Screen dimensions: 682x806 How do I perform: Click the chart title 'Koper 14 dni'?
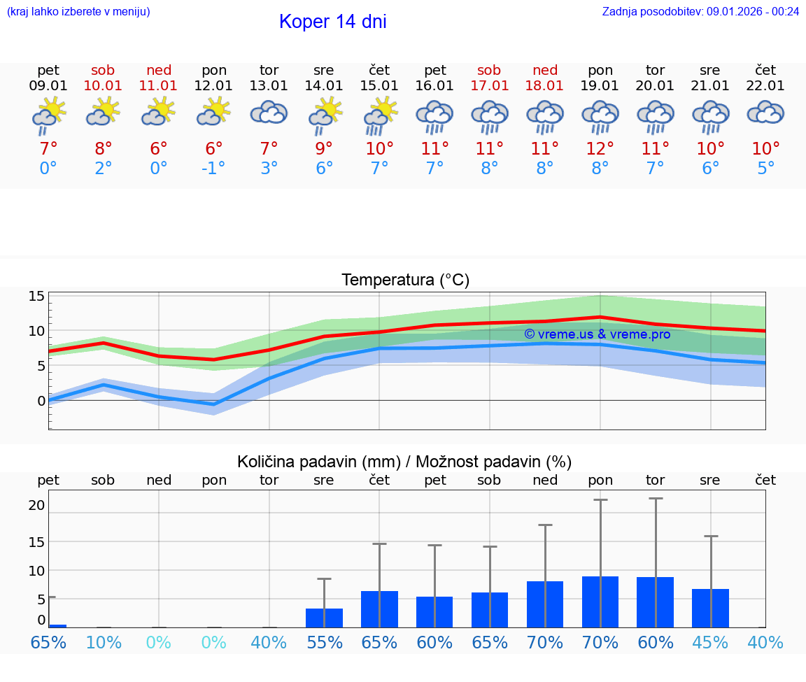click(x=332, y=22)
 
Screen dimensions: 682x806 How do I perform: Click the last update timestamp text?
click(x=700, y=11)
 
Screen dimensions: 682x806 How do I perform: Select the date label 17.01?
click(x=489, y=86)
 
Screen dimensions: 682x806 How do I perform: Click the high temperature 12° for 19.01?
click(x=600, y=149)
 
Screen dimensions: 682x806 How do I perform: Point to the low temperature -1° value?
click(x=214, y=169)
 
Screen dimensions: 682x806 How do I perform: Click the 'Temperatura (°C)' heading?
click(x=405, y=280)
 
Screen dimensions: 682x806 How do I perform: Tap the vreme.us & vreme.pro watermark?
click(x=597, y=334)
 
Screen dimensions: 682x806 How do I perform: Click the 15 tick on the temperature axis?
click(x=36, y=296)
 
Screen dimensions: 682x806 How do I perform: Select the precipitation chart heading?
click(x=404, y=462)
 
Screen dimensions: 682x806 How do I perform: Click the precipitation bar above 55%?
click(x=324, y=618)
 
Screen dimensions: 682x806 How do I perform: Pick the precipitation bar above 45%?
click(x=710, y=608)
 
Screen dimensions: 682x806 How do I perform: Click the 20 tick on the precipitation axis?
click(x=36, y=505)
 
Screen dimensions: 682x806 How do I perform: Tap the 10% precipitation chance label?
click(x=104, y=642)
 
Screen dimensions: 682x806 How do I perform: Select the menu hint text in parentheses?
click(x=78, y=11)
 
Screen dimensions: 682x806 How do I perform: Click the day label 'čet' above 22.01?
click(x=765, y=70)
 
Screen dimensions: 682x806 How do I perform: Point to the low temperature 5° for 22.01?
click(x=765, y=169)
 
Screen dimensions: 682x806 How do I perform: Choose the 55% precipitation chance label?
click(x=324, y=642)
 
